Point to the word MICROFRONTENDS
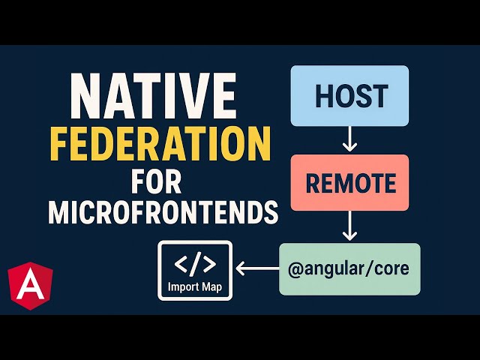pos(163,213)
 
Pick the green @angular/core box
pos(349,268)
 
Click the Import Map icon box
pos(195,270)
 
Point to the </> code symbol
pos(195,263)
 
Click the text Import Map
pos(195,286)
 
